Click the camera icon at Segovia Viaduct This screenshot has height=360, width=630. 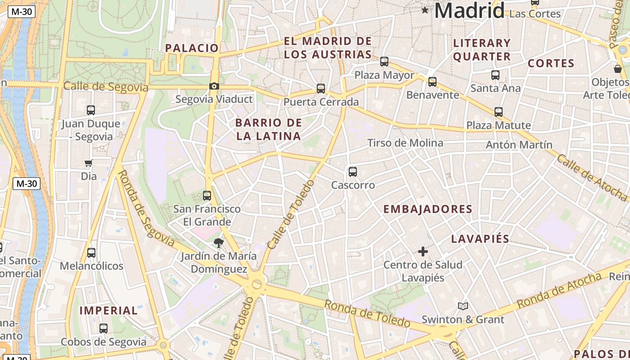[214, 86]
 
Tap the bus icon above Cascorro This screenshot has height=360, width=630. [353, 171]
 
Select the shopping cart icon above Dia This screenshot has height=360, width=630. [89, 163]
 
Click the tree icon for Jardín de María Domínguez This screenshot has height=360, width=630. [219, 243]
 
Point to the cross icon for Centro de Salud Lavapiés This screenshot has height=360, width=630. [423, 252]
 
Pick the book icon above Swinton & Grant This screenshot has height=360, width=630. [463, 306]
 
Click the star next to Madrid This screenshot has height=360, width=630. [425, 10]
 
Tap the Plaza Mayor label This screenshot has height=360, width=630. [384, 75]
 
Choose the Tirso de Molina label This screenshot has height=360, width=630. [405, 143]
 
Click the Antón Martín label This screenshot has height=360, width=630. [519, 145]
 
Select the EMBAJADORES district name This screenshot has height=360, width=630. [427, 209]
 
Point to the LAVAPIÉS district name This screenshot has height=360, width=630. [480, 239]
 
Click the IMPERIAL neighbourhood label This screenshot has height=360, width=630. [108, 310]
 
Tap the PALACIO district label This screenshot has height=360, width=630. [192, 48]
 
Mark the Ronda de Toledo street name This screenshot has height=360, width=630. [367, 313]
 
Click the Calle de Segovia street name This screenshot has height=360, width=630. [106, 86]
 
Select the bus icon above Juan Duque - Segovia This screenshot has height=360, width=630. [91, 110]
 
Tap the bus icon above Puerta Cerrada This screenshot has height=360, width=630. [321, 89]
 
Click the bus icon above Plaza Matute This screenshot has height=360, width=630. [498, 112]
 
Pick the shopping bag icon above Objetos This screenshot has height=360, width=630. [618, 69]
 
